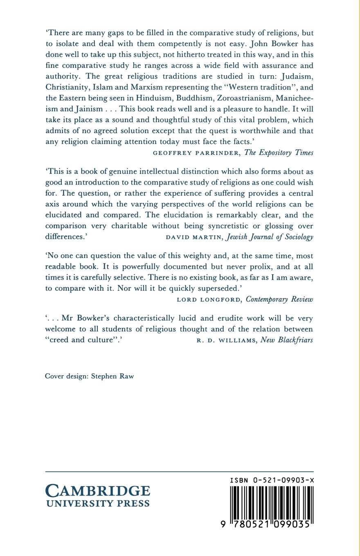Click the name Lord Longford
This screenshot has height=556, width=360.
209,300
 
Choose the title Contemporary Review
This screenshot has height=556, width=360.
279,299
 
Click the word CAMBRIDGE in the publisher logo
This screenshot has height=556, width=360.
98,491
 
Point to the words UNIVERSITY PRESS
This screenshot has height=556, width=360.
98,504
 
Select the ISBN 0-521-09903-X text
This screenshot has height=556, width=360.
272,480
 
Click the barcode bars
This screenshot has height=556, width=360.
272,502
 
